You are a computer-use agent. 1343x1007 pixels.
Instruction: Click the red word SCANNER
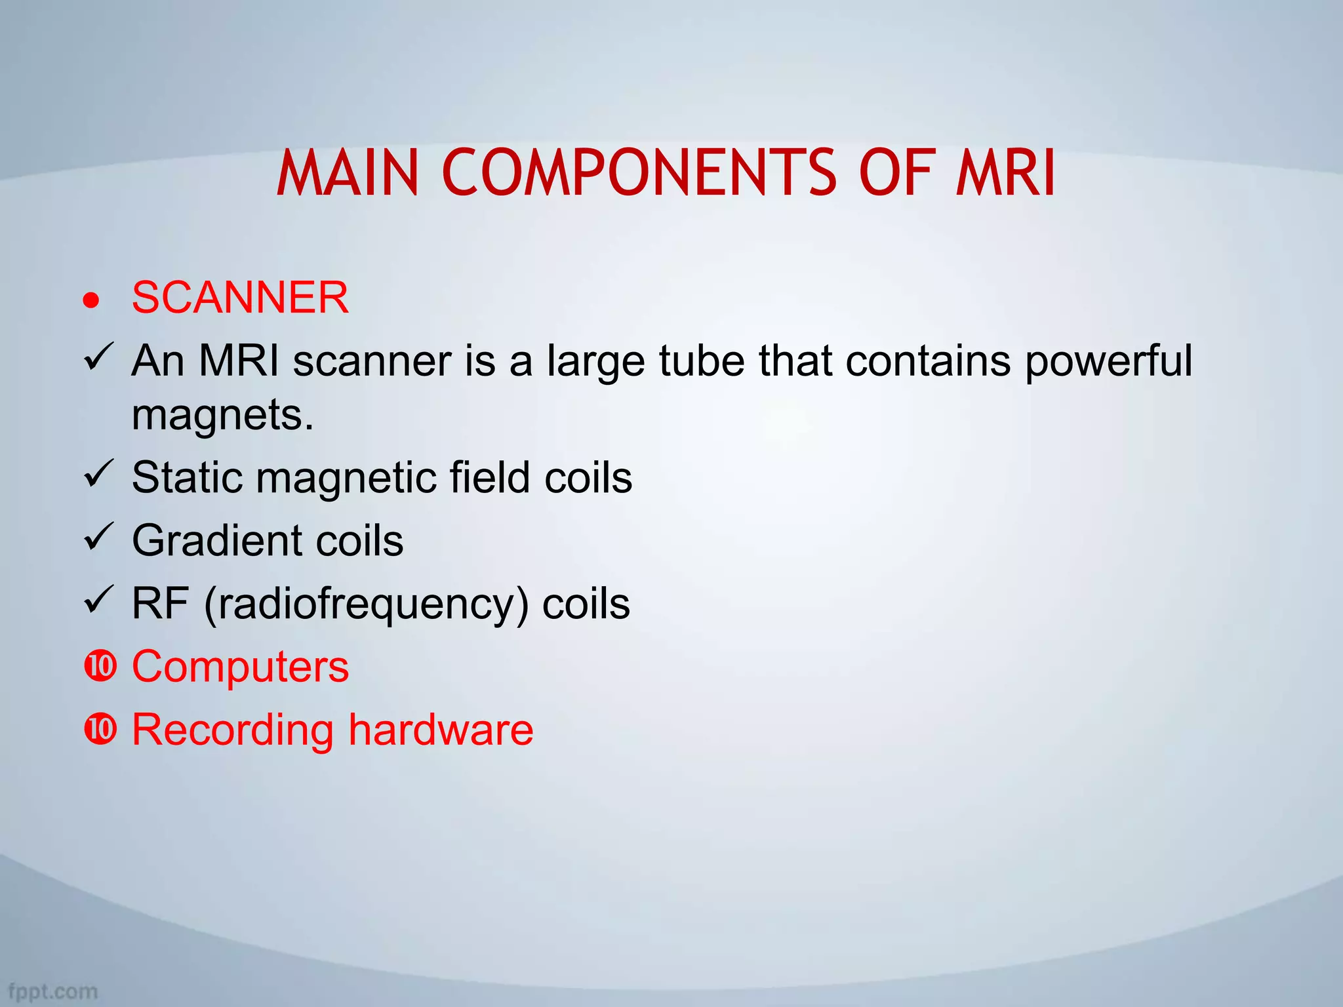click(240, 298)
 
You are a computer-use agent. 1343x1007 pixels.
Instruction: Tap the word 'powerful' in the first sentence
click(1108, 362)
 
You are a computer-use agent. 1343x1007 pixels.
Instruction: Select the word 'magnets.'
click(223, 415)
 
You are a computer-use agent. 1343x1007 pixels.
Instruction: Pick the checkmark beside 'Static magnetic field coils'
click(99, 473)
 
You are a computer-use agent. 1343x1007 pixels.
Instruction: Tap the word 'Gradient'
click(217, 541)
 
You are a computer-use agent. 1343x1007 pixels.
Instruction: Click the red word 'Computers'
click(240, 667)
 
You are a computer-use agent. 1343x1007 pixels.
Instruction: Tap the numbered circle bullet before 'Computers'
click(100, 666)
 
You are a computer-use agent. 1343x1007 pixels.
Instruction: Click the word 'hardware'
click(441, 729)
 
